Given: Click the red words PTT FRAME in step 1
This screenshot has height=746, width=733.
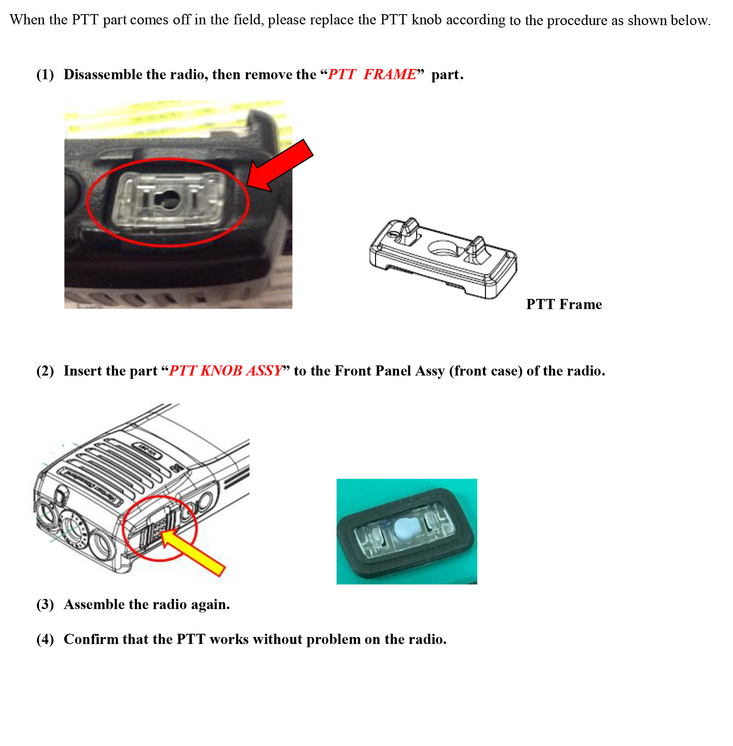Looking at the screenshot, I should tap(372, 74).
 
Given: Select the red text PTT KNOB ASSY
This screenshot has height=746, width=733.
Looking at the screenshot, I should tap(225, 371).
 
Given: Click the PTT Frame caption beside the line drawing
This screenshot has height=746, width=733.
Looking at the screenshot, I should tap(563, 304).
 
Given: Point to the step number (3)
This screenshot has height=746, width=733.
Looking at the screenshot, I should tap(45, 604).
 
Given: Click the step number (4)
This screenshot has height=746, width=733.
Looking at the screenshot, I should tap(45, 639).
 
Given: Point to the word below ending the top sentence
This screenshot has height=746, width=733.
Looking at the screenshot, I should tap(689, 20).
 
